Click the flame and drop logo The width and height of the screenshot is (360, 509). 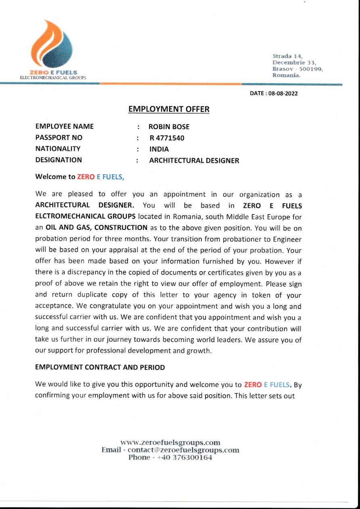click(x=52, y=44)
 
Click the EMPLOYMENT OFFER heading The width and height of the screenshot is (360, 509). click(x=169, y=109)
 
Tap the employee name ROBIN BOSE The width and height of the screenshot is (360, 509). click(x=169, y=127)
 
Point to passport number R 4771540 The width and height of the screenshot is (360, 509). click(x=167, y=138)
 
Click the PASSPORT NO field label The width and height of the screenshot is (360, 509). click(x=59, y=138)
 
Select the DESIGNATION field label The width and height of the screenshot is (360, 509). click(x=59, y=160)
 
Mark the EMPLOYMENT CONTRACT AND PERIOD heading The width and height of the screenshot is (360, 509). click(x=100, y=367)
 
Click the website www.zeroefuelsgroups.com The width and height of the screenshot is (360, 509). click(x=170, y=442)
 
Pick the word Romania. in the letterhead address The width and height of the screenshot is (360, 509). click(x=287, y=75)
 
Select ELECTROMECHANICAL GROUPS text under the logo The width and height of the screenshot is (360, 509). click(x=52, y=76)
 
